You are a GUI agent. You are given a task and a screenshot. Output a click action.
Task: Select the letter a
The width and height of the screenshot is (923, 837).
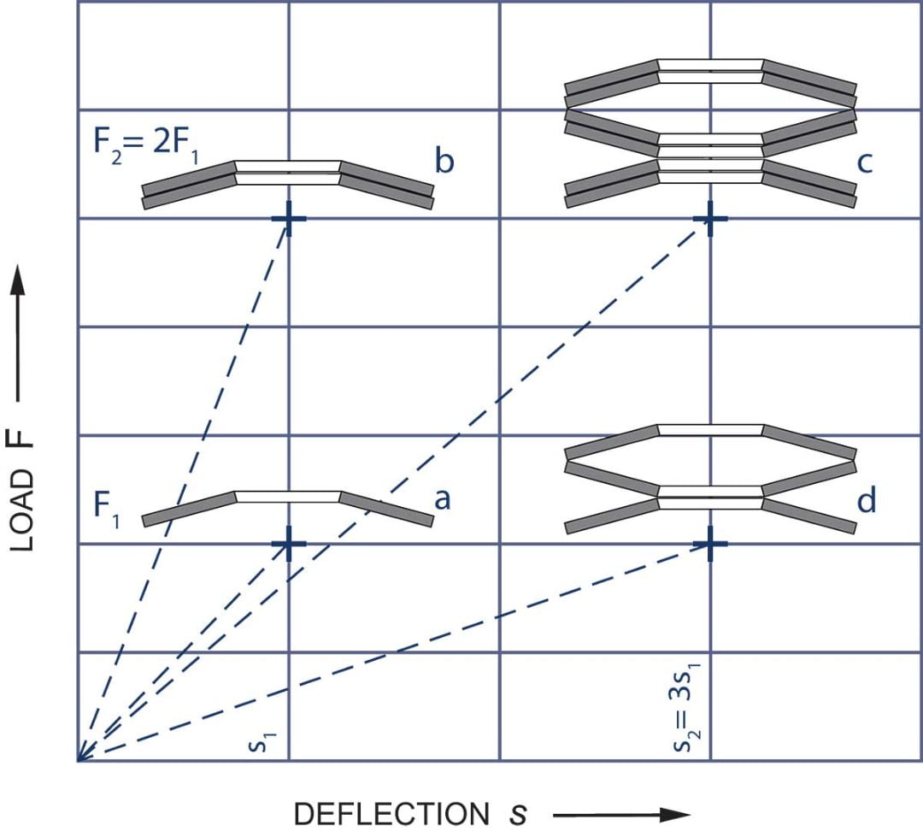(441, 498)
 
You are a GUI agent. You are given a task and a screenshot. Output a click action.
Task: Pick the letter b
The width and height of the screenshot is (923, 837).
(444, 160)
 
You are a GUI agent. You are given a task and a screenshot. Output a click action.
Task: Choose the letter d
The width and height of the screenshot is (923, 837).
(867, 500)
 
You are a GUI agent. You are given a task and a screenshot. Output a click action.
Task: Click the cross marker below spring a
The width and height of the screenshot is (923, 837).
(288, 544)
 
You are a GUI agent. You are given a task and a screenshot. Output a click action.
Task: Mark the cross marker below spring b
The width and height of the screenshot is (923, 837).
(288, 219)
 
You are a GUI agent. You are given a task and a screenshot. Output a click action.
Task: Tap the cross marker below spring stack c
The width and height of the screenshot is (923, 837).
(709, 219)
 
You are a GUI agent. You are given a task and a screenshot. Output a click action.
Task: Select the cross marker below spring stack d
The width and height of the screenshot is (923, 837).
(709, 544)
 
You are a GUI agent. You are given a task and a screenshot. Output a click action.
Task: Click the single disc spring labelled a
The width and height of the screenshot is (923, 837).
(288, 504)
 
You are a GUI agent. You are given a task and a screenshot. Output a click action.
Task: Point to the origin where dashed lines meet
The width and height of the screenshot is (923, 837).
(79, 760)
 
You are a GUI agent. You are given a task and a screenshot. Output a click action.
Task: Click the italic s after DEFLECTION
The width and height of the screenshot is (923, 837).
(515, 815)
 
